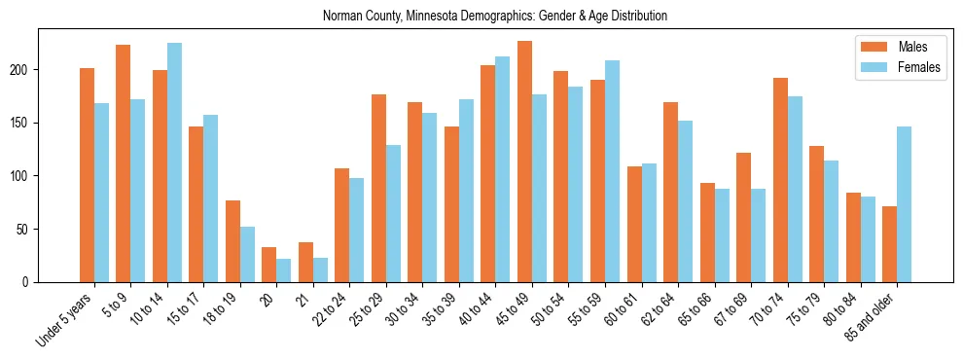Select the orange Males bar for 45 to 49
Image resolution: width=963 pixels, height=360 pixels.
[524, 162]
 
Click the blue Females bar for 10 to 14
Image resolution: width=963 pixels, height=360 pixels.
[174, 162]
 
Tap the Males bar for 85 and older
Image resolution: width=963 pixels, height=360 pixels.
[889, 244]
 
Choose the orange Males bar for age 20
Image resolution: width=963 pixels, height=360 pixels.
[269, 265]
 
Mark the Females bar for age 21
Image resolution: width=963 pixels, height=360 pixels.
[320, 270]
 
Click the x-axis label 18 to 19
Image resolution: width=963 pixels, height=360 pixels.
[222, 311]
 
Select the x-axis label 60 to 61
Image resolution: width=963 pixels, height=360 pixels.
[623, 311]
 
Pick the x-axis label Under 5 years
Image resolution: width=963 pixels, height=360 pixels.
[66, 321]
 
